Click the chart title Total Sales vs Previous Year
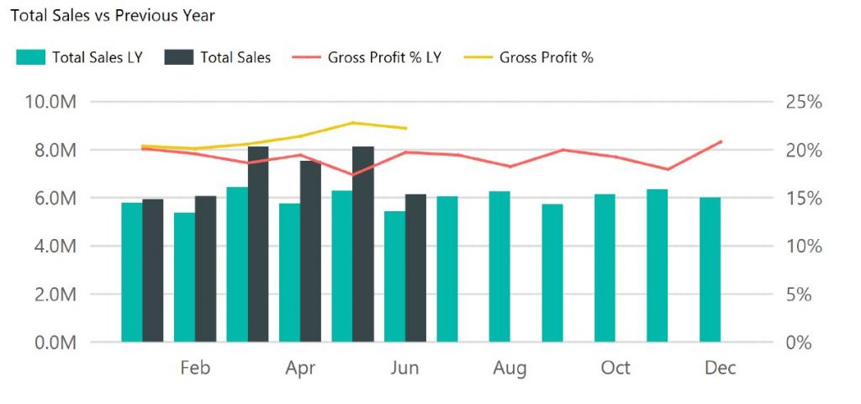point(112,15)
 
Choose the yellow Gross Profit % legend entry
point(546,57)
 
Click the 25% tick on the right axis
point(803,102)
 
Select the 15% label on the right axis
point(803,199)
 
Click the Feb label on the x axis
point(195,368)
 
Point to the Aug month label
point(510,368)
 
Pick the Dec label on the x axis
point(721,368)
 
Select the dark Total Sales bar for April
point(310,252)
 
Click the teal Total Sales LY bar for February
point(184,278)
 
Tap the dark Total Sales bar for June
point(415,269)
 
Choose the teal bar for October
point(605,269)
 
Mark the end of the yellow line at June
point(406,128)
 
